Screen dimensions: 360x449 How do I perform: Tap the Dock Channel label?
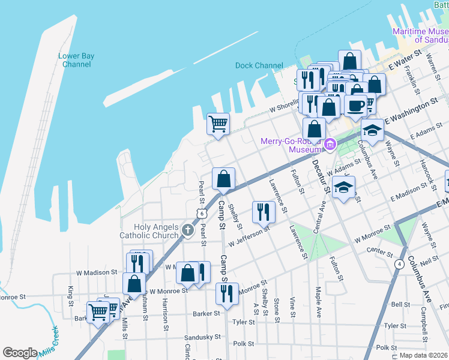click(x=259, y=65)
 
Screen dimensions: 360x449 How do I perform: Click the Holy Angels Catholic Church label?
click(x=149, y=231)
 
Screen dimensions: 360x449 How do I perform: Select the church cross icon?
click(x=188, y=229)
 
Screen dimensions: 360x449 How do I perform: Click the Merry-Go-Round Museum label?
click(x=291, y=145)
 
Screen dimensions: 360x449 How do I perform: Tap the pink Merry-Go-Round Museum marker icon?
click(x=330, y=144)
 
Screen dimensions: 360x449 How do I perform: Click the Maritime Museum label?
click(x=420, y=35)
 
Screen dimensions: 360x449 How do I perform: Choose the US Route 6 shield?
click(x=202, y=214)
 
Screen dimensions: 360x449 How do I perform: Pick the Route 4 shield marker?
click(x=399, y=263)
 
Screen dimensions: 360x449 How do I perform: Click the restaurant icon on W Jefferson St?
click(x=264, y=211)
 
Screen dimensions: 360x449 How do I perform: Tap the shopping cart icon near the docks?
click(x=218, y=124)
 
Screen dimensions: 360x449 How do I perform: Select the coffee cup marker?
click(x=356, y=105)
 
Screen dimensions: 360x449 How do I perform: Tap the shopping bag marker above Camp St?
click(x=223, y=178)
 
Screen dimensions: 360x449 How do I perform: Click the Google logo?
click(x=20, y=352)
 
